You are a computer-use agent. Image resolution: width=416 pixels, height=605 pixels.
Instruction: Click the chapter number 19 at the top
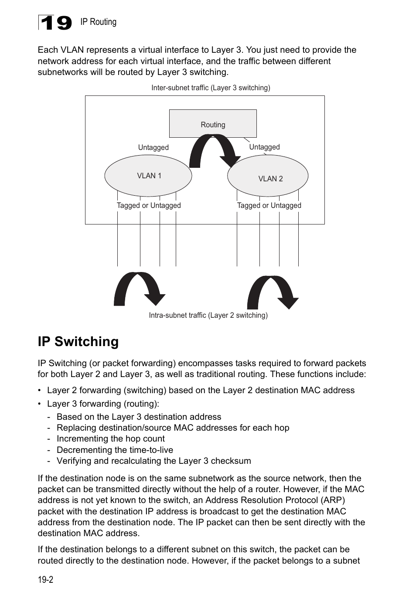point(56,23)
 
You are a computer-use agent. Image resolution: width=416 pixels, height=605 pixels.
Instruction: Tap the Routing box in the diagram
point(213,124)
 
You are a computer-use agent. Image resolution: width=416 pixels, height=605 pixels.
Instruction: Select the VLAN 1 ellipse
point(148,176)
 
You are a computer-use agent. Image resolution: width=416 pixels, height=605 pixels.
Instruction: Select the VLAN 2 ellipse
point(268,177)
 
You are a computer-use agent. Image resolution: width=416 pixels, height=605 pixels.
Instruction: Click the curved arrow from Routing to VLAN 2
point(214,150)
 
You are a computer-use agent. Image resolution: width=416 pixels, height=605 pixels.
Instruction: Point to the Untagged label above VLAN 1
point(153,147)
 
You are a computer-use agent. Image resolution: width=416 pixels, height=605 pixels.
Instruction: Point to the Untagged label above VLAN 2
point(264,147)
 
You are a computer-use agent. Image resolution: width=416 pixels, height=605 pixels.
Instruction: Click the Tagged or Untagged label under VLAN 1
point(149,205)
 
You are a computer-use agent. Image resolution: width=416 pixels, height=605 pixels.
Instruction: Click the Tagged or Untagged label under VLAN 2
point(269,205)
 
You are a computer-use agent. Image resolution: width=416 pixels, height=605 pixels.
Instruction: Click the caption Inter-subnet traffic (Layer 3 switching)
point(211,88)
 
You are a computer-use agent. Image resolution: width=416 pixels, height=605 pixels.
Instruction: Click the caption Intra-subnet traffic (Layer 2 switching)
point(208,315)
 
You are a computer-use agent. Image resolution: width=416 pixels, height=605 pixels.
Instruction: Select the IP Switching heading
point(78,341)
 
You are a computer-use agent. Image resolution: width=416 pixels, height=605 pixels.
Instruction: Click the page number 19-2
point(45,579)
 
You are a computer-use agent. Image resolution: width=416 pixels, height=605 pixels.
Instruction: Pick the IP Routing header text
point(98,22)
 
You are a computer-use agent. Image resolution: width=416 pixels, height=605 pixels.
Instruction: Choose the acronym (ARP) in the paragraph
point(333,500)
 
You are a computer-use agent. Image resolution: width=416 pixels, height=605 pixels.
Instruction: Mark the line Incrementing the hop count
point(111,438)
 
